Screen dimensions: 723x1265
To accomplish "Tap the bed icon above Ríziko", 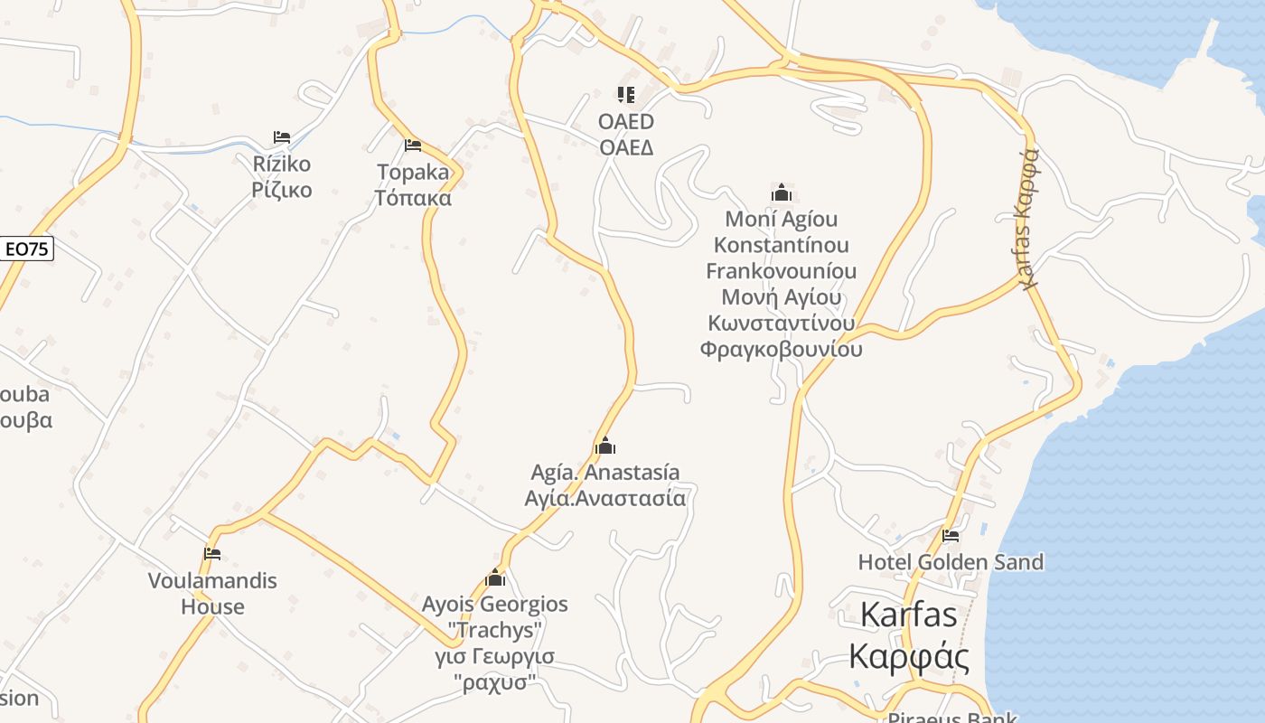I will click(x=282, y=137).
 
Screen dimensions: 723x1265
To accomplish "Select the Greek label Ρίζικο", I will click(x=282, y=190).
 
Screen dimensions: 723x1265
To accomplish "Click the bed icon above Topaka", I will click(x=413, y=145).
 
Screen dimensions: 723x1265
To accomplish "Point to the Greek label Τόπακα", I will click(x=413, y=197).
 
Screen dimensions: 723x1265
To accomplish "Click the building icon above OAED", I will click(x=626, y=94).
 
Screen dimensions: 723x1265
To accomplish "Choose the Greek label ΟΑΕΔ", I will click(x=626, y=147).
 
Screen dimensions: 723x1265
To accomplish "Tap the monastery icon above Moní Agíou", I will click(x=782, y=192).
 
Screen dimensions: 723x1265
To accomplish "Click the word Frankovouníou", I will click(x=782, y=271).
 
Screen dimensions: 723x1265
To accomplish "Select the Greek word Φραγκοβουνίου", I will click(x=782, y=350).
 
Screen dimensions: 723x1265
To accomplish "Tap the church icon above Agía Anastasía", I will click(x=605, y=446).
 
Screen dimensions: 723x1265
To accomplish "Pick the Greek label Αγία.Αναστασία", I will click(x=605, y=498).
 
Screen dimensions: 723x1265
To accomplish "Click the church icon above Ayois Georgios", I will click(x=495, y=577).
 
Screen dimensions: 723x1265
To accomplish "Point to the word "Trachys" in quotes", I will click(x=495, y=630).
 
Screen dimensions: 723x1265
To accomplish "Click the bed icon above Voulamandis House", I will click(x=212, y=554).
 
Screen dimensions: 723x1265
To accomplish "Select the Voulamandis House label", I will click(x=212, y=594).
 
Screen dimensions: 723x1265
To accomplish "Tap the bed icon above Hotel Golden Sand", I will click(x=951, y=535).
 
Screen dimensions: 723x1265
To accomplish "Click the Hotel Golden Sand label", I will click(x=951, y=562).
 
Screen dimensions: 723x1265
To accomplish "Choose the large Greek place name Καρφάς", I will click(x=909, y=656).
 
